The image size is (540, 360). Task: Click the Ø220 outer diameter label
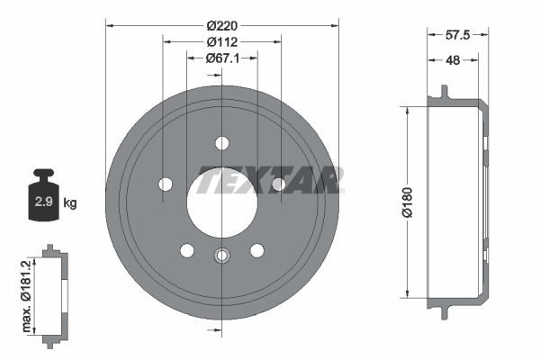pos(221,25)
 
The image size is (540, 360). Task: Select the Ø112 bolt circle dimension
pos(221,41)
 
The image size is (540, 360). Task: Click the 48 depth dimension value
pos(454,62)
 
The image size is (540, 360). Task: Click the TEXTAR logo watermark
pos(269,180)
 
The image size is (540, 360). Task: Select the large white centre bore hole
pos(221,202)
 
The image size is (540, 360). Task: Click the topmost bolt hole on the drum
pos(222,142)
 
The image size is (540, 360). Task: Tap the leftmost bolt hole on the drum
pos(166,184)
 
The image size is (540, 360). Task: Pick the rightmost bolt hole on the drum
pos(279,184)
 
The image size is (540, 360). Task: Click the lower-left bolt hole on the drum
pos(187,250)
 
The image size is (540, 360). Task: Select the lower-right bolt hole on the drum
pos(257,250)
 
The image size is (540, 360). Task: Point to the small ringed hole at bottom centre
pos(222,256)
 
